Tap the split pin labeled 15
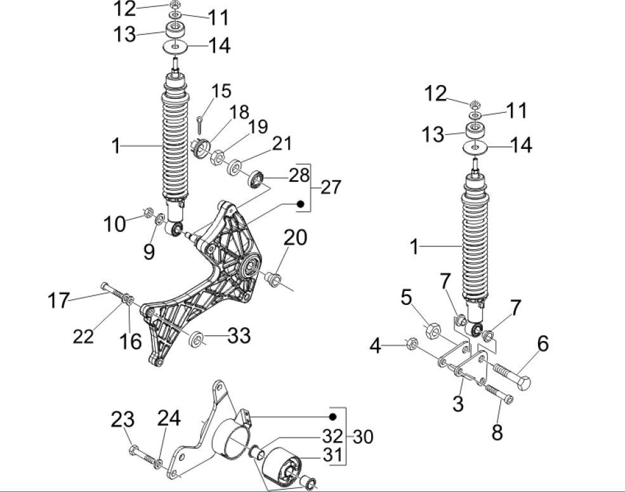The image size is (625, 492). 200,120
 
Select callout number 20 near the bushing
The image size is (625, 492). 295,238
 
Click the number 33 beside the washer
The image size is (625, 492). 239,335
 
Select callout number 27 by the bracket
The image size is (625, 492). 331,187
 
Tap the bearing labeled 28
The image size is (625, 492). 256,179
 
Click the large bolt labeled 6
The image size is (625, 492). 511,378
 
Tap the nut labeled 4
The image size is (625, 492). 411,345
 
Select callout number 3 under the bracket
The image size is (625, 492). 458,403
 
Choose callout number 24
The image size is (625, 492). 168,418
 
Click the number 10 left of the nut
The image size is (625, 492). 115,224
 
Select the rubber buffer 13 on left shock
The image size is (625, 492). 175,30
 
